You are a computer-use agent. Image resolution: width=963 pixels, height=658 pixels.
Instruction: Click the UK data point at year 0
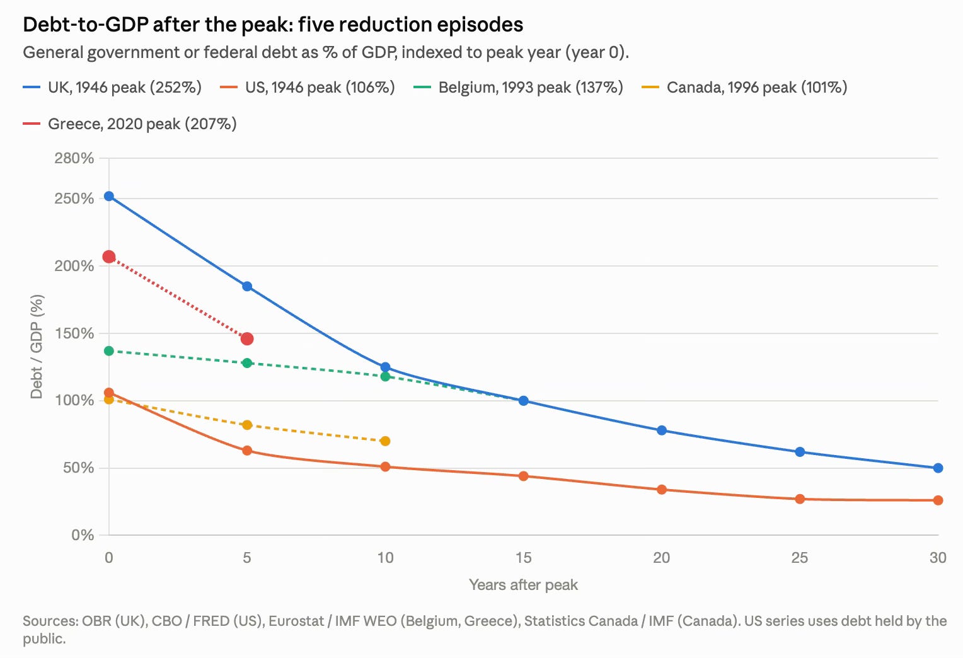109,196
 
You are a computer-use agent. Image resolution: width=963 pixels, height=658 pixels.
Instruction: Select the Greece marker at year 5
247,339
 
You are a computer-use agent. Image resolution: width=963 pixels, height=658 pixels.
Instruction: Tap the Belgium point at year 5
247,363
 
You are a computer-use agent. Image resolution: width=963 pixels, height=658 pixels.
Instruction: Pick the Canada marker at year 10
385,441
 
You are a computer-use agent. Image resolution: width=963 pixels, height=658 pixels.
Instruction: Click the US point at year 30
938,500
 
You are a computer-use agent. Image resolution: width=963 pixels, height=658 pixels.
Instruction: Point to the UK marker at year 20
662,430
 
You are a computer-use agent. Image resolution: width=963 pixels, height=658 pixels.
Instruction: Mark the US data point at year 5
247,450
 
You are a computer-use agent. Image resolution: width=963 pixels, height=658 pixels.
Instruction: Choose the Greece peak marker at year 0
109,257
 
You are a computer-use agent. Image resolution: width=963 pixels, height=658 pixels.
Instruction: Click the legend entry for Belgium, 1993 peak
518,88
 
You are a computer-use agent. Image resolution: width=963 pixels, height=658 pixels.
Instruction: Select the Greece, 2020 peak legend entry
130,124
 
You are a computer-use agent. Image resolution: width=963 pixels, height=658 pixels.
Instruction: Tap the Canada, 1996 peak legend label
744,88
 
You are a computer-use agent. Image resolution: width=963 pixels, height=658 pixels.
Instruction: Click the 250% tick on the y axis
74,199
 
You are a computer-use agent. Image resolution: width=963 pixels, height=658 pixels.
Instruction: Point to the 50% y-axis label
78,468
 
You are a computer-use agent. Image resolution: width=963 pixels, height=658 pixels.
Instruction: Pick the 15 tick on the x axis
523,558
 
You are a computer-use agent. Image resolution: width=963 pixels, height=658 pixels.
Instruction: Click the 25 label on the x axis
800,558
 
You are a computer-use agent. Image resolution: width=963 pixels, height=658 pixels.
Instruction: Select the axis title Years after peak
523,585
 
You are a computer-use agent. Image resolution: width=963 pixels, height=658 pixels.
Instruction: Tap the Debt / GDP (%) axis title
37,347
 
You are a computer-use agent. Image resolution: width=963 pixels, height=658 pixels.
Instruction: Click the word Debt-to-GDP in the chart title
86,25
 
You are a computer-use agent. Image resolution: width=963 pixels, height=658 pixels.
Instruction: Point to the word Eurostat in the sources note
296,621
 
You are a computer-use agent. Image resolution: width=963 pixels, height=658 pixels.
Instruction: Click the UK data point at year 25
800,451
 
